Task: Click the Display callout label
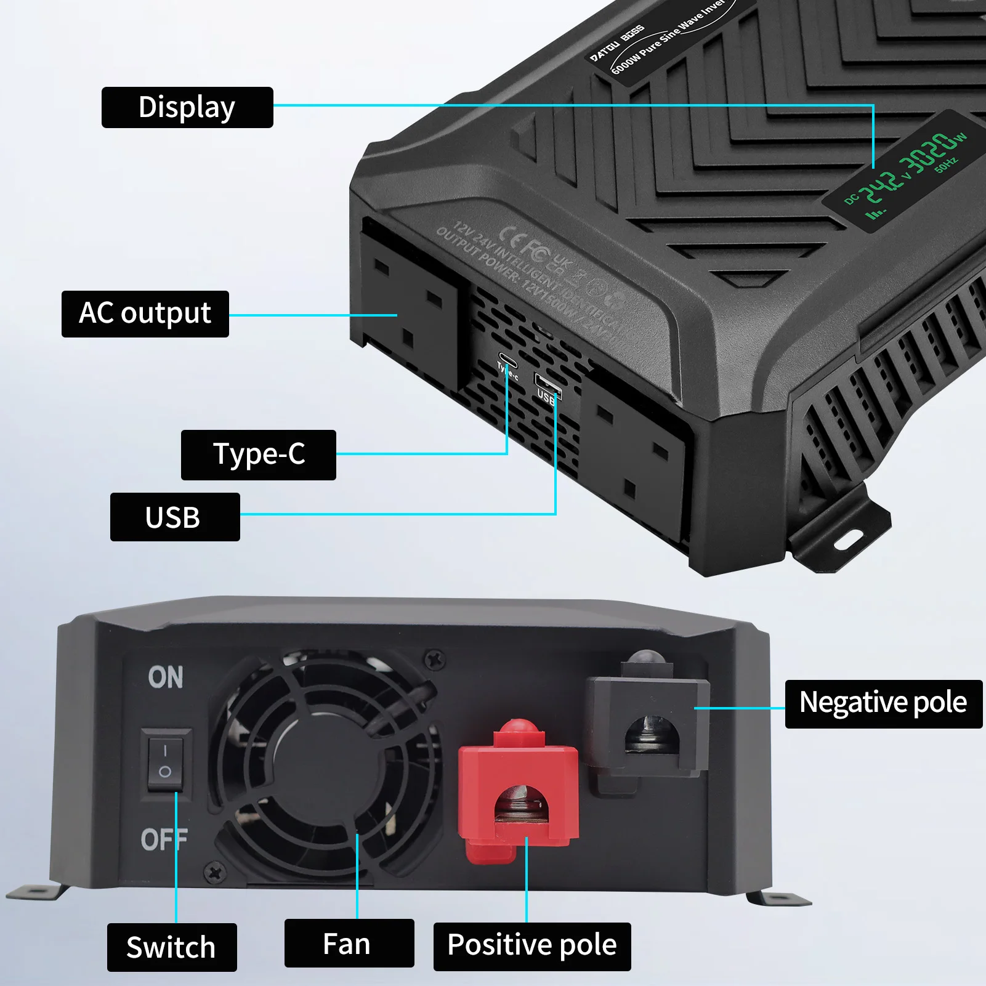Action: click(187, 107)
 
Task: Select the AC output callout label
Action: click(145, 313)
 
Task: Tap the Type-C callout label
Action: click(258, 455)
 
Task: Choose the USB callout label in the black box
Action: click(174, 517)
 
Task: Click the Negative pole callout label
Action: click(883, 703)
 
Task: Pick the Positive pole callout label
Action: click(531, 945)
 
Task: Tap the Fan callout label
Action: click(349, 944)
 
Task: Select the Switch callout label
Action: click(171, 947)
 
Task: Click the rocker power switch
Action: click(165, 760)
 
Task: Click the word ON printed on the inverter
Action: click(166, 677)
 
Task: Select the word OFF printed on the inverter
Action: click(163, 839)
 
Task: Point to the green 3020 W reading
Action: click(931, 152)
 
